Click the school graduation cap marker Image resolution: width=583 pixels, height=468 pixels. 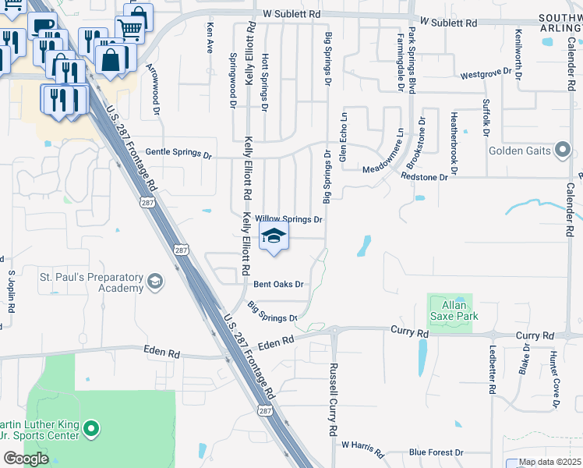coord(273,236)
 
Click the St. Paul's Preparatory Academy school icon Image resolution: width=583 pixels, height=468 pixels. coord(155,282)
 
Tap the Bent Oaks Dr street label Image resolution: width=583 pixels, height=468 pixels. coord(277,285)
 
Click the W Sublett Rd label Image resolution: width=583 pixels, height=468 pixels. coord(292,14)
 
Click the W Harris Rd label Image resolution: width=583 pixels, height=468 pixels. coord(362,448)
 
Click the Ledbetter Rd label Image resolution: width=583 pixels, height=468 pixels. coord(493,366)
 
